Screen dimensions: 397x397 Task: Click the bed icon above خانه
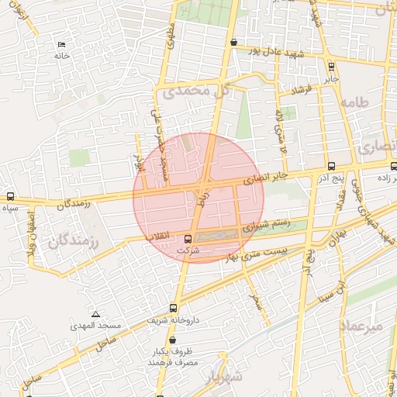pos(62,44)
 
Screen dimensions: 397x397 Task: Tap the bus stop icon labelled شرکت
pos(188,239)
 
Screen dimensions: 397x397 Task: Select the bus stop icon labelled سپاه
pos(10,196)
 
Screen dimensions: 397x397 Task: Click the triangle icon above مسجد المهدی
pos(95,314)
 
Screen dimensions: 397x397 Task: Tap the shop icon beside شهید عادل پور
pos(234,42)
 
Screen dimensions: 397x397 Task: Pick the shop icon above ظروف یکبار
pos(171,340)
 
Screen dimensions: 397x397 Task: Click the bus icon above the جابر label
pos(331,66)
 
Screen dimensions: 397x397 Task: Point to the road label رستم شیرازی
pos(266,226)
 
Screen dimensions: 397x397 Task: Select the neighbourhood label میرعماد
pos(361,326)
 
